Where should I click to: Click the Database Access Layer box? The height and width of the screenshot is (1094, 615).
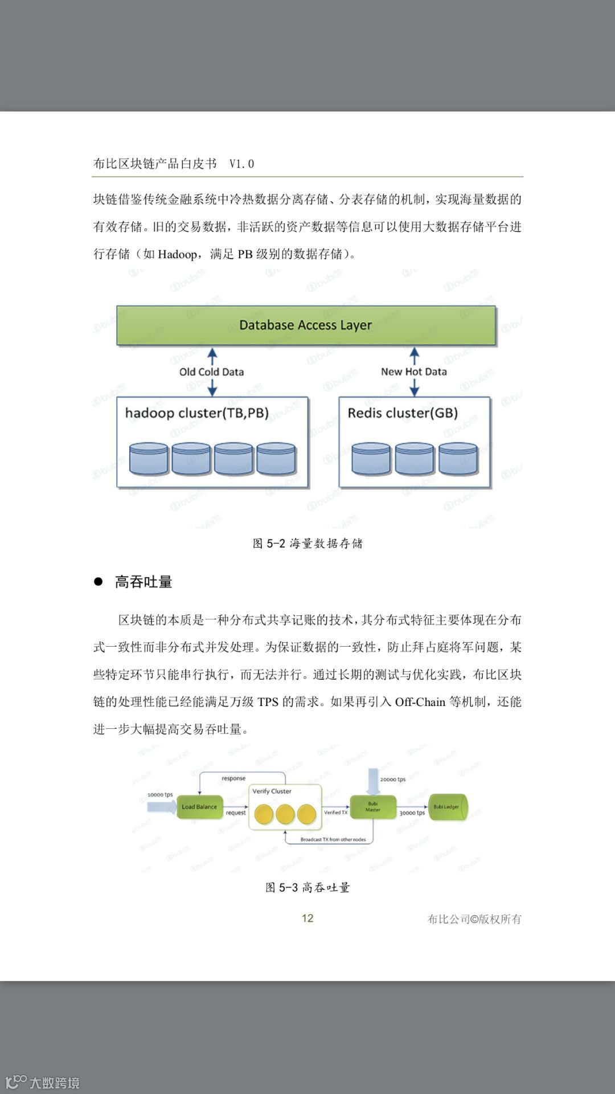coord(306,325)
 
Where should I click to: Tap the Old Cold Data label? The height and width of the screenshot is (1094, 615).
coord(211,372)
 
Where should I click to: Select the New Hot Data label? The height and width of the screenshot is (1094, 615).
coord(414,372)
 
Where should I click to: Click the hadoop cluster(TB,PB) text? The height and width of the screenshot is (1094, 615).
coord(197,413)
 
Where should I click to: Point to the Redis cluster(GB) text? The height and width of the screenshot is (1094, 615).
coord(403,413)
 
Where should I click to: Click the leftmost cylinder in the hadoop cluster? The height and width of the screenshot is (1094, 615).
coord(149,459)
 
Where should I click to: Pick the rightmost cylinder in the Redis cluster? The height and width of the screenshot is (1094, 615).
coord(458,459)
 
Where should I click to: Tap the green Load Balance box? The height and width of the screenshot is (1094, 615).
coord(199,807)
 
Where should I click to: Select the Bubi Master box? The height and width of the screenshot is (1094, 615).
coord(373,807)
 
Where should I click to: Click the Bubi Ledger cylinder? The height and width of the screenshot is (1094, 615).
coord(448,807)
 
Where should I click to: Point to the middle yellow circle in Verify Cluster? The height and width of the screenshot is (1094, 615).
coord(285,814)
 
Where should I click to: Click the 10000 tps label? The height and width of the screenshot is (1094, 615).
coord(160,795)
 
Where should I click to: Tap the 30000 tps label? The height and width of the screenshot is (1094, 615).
coord(412,813)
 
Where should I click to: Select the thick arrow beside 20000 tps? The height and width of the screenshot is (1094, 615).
coord(373,781)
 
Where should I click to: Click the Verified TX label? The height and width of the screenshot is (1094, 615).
coord(336,813)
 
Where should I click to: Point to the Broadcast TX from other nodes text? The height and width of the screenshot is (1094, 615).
coord(333,839)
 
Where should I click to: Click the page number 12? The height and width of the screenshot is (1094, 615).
coord(307,918)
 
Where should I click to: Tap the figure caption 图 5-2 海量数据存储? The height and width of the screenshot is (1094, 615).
coord(307,543)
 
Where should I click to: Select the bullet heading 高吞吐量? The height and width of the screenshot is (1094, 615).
coord(143,582)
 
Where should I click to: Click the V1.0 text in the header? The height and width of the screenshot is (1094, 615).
coord(241,164)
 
